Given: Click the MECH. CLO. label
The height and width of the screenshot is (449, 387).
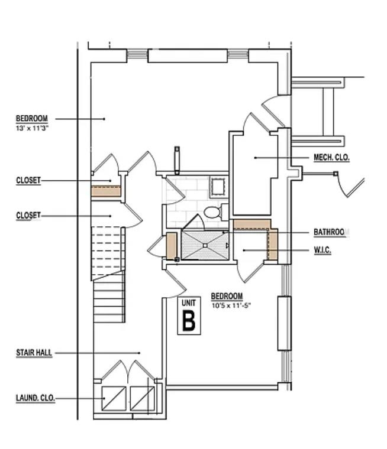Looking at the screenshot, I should [331, 158].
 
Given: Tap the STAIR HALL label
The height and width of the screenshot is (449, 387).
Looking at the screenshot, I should [34, 353].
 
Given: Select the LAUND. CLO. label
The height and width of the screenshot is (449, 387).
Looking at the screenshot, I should [35, 398].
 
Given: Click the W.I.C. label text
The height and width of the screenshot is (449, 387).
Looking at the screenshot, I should [322, 250].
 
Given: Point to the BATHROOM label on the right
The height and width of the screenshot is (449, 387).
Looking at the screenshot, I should [329, 233].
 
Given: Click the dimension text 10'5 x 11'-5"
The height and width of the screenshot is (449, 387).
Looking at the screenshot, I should [227, 304].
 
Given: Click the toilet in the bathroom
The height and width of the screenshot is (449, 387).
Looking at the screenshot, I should [212, 212].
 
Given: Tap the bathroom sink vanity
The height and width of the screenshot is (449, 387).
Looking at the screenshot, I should [218, 187].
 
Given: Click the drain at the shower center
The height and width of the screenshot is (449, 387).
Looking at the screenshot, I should [205, 245].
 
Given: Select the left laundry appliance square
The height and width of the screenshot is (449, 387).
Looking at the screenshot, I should [112, 398].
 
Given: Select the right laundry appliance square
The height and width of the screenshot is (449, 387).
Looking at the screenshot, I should [141, 398].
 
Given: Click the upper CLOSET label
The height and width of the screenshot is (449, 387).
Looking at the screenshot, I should [28, 181].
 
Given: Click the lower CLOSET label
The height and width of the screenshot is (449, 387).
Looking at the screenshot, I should [28, 216].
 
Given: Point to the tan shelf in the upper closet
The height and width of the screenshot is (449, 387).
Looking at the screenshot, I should [105, 191].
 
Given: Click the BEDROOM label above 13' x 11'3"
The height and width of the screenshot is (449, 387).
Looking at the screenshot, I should [32, 119].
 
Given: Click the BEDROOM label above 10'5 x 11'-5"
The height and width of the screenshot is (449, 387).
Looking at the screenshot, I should [227, 296].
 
